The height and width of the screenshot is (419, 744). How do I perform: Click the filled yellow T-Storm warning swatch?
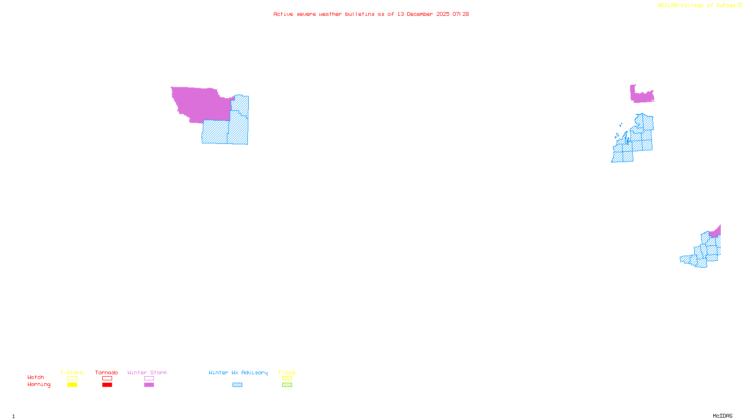(72, 385)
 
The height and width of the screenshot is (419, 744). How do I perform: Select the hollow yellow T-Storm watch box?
(72, 378)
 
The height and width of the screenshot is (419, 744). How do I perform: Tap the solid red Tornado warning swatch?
(107, 385)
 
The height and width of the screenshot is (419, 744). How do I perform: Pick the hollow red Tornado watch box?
(107, 378)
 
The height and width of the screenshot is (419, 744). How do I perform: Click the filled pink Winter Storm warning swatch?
(149, 385)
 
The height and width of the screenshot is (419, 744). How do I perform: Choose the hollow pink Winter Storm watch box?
(149, 378)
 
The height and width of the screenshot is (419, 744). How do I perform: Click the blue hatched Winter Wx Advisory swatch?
(237, 385)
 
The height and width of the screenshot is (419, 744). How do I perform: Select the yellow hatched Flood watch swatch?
(287, 378)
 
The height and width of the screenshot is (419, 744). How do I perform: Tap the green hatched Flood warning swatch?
(287, 385)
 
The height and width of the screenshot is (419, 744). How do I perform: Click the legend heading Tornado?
(106, 372)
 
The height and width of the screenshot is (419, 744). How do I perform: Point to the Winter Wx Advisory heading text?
(238, 372)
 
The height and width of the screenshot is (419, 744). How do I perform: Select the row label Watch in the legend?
(36, 377)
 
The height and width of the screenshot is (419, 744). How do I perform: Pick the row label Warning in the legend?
(39, 385)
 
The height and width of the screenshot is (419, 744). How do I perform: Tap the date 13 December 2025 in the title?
(423, 14)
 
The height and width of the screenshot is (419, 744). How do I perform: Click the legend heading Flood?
(287, 372)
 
